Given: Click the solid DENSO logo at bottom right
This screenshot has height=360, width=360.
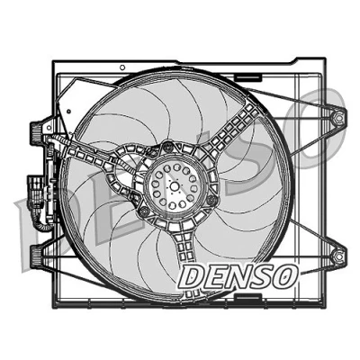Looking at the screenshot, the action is pos(239,276).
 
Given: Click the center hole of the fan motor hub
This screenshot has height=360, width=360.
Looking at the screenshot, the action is pos(175,186).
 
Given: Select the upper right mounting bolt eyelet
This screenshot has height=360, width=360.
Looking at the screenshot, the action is pos(338,117).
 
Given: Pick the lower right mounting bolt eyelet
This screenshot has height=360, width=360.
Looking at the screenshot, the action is pos(338,256).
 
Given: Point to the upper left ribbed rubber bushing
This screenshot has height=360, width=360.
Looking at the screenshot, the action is pos(36,132).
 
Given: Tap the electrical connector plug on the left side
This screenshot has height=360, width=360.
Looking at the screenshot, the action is pos(36,192).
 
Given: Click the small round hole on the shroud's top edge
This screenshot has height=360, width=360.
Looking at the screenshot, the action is pos(122,67).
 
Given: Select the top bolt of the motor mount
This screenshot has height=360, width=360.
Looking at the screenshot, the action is pos(168,148).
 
